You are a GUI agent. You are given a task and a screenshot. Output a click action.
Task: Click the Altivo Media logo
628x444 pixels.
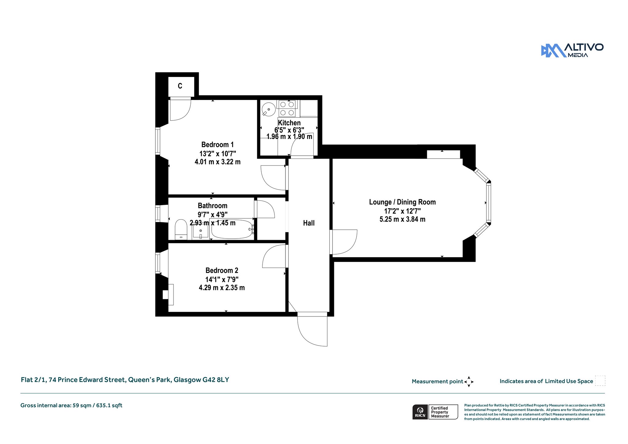tap(572, 51)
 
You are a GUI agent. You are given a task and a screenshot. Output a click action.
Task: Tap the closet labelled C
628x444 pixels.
tap(181, 86)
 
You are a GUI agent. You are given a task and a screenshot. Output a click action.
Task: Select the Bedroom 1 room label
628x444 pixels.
tap(217, 144)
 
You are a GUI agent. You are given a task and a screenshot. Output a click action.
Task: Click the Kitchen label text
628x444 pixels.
tap(289, 123)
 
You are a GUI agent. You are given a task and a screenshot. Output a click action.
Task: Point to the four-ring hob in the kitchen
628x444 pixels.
tap(287, 109)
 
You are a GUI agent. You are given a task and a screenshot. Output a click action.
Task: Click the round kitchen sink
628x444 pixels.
tap(269, 109)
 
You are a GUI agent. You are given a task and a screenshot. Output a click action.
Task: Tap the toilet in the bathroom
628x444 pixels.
tap(181, 229)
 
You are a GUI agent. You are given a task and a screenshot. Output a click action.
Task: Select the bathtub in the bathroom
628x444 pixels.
tap(232, 229)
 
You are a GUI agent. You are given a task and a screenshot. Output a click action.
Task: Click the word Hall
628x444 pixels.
tap(309, 223)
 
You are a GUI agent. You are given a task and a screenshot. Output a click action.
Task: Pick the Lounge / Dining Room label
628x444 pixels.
tap(402, 202)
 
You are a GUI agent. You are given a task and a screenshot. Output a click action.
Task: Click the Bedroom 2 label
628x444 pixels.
tap(222, 270)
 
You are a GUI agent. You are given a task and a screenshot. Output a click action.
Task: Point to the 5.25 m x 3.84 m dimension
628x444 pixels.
tap(402, 219)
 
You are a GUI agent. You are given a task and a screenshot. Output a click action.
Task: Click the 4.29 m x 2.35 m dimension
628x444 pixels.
tap(222, 288)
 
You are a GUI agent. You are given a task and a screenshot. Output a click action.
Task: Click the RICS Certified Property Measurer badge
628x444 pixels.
tap(435, 412)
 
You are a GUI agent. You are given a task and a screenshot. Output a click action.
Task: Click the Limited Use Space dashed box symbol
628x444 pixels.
tap(600, 381)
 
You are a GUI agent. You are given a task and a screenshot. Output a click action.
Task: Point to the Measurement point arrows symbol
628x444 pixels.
tap(469, 382)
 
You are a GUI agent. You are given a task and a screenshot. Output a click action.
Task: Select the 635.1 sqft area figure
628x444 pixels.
tap(109, 405)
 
